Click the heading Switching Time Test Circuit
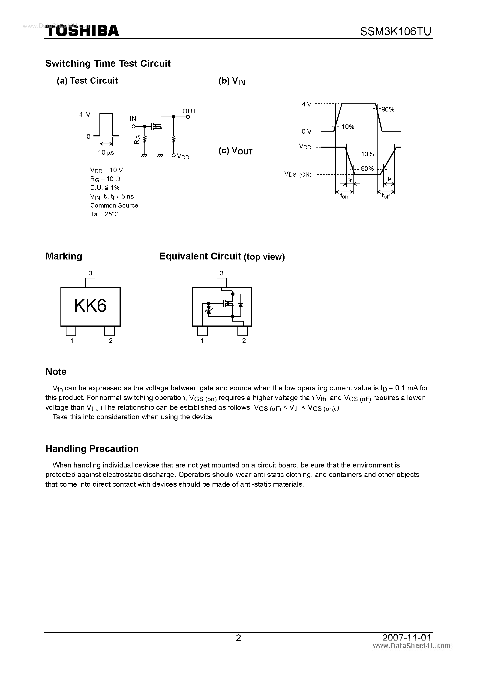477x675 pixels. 108,63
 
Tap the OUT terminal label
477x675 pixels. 189,111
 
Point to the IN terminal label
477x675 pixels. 133,119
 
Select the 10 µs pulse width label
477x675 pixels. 106,153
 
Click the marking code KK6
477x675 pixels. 90,306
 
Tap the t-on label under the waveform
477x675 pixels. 344,196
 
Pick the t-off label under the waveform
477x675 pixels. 386,196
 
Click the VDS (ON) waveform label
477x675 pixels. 297,174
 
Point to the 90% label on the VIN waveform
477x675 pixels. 388,110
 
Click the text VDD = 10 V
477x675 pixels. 106,170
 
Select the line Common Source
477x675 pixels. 114,205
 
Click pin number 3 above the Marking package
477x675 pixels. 90,273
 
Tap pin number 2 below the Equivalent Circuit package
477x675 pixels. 244,341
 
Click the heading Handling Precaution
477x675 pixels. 92,449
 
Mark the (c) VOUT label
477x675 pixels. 235,151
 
